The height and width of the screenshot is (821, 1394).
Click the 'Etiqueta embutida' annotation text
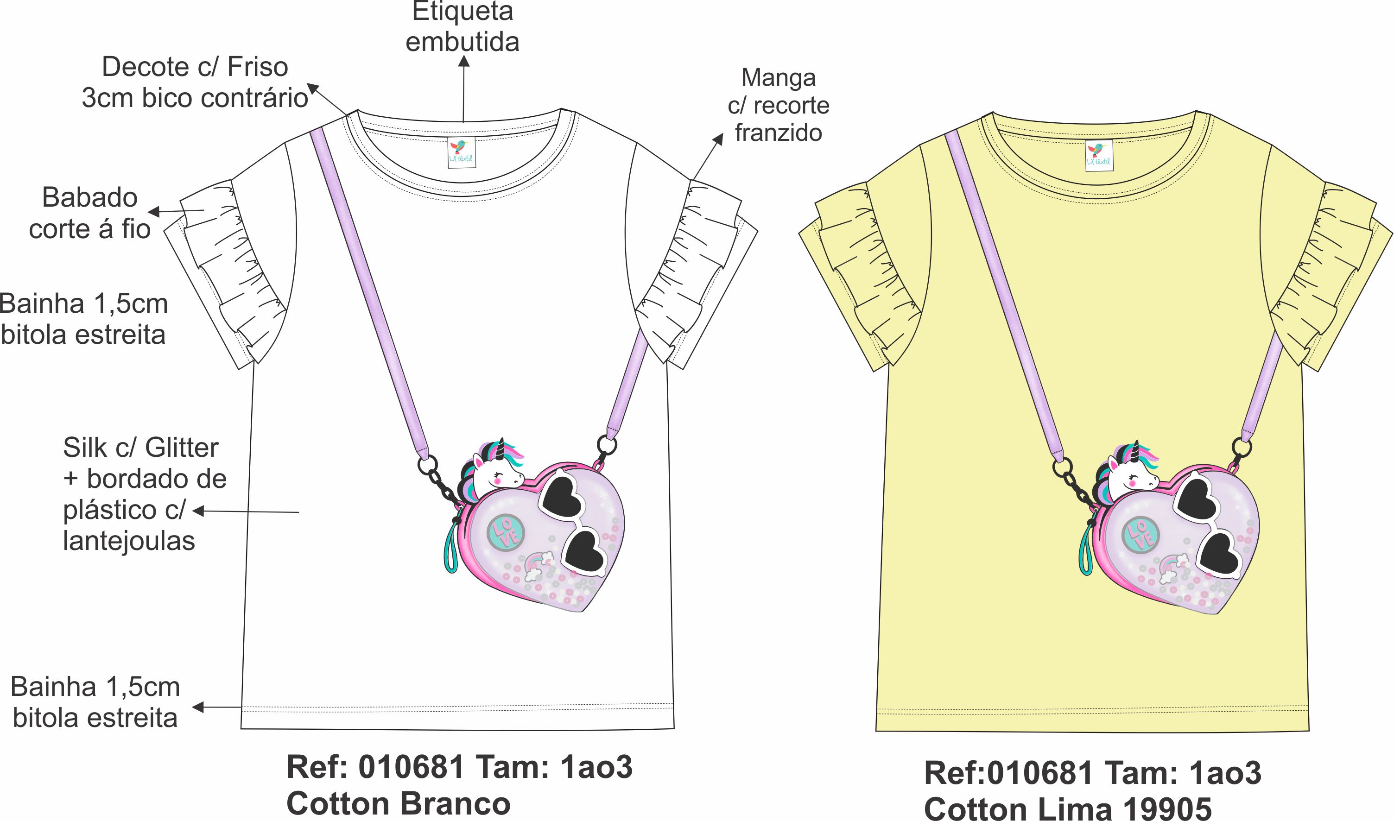coord(462,26)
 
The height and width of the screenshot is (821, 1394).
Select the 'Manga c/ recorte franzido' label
coord(778,105)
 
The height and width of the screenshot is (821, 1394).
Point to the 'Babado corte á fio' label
coord(89,213)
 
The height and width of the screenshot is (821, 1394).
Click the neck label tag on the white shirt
coord(462,152)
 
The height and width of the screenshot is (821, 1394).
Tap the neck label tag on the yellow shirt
coord(1098,155)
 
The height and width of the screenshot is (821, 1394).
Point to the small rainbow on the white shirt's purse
coord(538,565)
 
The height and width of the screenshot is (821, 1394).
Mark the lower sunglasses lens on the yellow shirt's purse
coord(1219,556)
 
